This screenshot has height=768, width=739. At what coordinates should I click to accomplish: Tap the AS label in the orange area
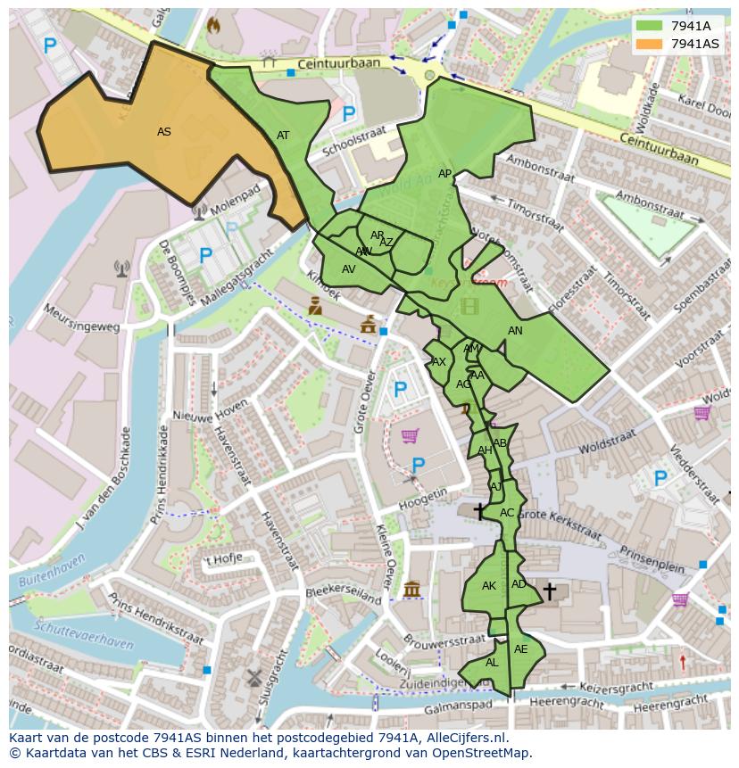pyautogui.click(x=164, y=132)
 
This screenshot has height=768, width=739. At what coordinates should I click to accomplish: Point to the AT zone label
pyautogui.click(x=283, y=136)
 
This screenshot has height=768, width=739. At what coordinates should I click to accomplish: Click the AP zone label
pyautogui.click(x=444, y=174)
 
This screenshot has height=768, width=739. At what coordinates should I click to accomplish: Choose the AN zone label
pyautogui.click(x=515, y=331)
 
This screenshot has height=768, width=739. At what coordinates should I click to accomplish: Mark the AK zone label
pyautogui.click(x=488, y=586)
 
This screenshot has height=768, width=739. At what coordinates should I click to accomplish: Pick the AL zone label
pyautogui.click(x=492, y=663)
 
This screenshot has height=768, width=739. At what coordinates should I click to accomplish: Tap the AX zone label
pyautogui.click(x=438, y=362)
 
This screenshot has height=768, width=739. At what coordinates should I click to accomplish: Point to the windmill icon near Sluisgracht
pyautogui.click(x=253, y=677)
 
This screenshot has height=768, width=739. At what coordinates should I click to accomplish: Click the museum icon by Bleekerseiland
pyautogui.click(x=411, y=590)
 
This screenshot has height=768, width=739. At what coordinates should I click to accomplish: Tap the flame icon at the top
pyautogui.click(x=212, y=26)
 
